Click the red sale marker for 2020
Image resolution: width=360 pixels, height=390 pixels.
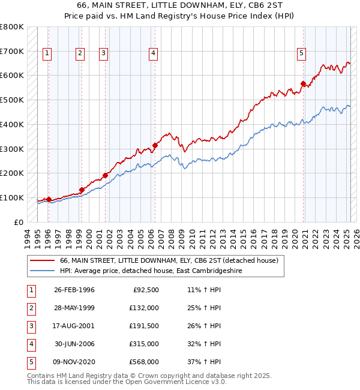tap(304, 83)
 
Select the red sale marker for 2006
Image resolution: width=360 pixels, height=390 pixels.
tap(155, 145)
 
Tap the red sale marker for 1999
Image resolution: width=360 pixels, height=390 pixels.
tap(82, 190)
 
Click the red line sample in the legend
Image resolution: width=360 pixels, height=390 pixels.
tap(42, 261)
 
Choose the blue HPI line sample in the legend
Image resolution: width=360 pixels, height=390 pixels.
tap(42, 271)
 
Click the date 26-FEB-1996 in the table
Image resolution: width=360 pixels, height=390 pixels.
tap(74, 290)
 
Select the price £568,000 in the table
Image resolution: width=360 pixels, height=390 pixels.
tap(143, 362)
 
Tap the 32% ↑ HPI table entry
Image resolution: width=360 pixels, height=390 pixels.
tap(204, 344)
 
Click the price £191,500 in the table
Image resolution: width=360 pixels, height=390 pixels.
tap(143, 326)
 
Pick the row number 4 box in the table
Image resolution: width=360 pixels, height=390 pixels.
tap(29, 344)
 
